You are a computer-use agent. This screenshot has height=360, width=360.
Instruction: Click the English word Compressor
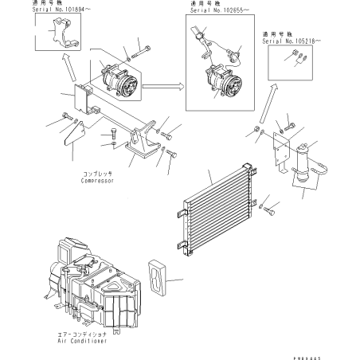[x=96, y=181]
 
